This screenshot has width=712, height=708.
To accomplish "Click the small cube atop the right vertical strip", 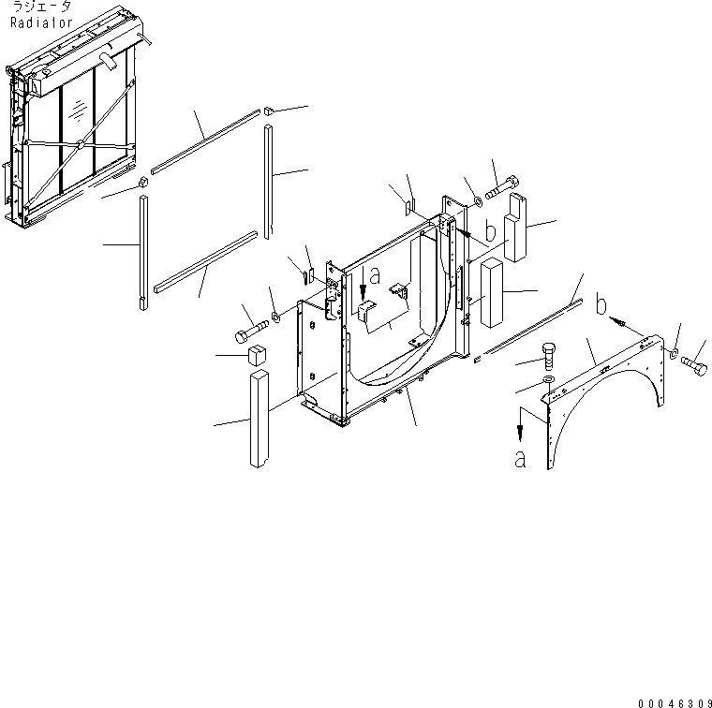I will pyautogui.click(x=268, y=111).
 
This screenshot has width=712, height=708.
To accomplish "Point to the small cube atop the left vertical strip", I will pyautogui.click(x=143, y=182).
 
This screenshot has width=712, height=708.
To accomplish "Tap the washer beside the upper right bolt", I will pyautogui.click(x=476, y=199).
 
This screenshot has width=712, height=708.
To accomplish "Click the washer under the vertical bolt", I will pyautogui.click(x=550, y=383).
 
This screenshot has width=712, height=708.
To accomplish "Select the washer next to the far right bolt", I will pyautogui.click(x=675, y=353).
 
